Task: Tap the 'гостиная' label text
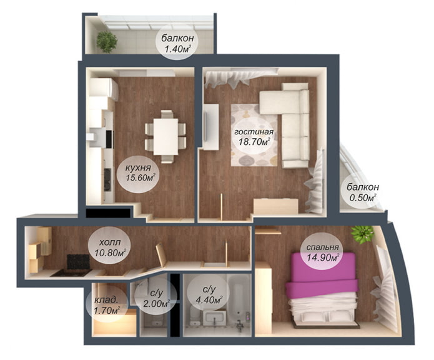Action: [254, 132]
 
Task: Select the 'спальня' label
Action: [322, 246]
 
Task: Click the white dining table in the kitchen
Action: [165, 132]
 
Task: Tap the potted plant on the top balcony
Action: [107, 42]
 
